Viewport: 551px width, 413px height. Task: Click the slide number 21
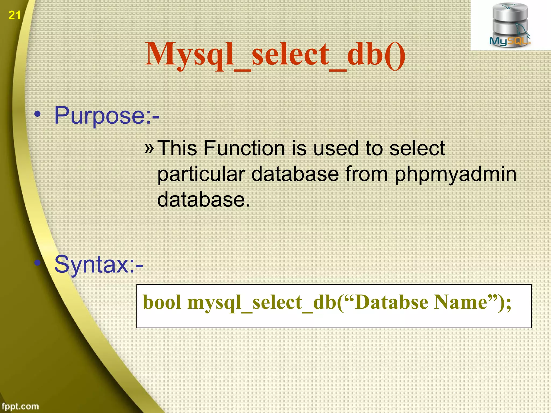[x=15, y=15]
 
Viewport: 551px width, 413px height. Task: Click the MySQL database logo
[x=510, y=26]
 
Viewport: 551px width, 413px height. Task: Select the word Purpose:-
[x=107, y=116]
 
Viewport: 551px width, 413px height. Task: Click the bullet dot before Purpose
[x=38, y=114]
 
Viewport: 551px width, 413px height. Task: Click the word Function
[x=244, y=148]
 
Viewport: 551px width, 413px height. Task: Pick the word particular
[x=201, y=174]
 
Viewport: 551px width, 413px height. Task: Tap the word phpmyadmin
[x=455, y=174]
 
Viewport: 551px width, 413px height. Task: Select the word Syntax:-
[x=99, y=265]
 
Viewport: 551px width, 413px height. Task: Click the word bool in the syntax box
[x=162, y=302]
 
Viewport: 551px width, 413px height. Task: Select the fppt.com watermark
[x=20, y=406]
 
